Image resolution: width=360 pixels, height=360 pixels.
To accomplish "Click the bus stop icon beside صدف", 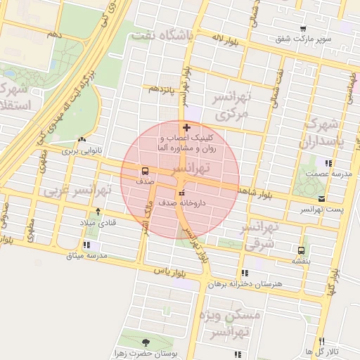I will click(x=145, y=171).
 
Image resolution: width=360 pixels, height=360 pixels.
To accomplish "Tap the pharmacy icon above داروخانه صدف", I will click(x=182, y=193).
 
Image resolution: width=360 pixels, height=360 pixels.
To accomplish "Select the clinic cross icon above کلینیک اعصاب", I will click(x=186, y=127).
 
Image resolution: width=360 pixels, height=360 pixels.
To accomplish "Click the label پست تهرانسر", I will click(x=320, y=209).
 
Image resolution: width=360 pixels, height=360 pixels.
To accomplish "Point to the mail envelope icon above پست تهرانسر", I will click(x=321, y=199).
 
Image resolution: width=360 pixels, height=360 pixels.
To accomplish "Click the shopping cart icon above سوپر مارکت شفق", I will click(x=303, y=29).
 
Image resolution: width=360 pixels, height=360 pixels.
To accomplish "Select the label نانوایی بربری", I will click(x=83, y=150).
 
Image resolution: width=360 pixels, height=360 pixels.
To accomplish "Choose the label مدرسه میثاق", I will click(x=86, y=255).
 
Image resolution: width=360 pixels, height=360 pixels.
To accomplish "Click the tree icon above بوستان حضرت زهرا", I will click(x=146, y=342).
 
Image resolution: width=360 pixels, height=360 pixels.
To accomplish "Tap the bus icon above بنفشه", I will click(x=302, y=250).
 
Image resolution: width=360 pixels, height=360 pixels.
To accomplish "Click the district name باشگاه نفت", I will click(x=165, y=35).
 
